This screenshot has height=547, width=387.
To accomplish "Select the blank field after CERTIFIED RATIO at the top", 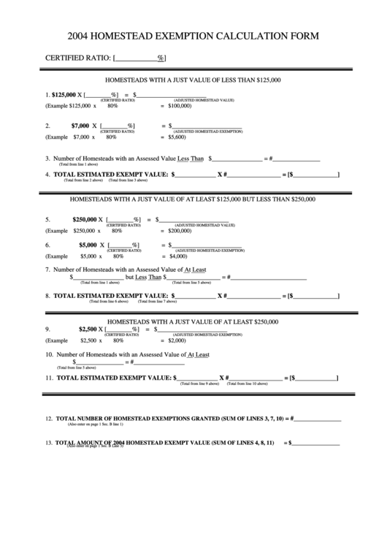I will tap(137, 57).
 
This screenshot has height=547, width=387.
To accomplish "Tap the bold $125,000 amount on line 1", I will tap(64, 94).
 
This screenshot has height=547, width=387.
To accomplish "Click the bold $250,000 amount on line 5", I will tap(85, 219).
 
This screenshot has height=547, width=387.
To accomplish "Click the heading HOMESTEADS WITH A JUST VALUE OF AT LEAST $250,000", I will tap(193, 321).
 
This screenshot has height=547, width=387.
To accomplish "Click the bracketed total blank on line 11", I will tap(315, 378).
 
